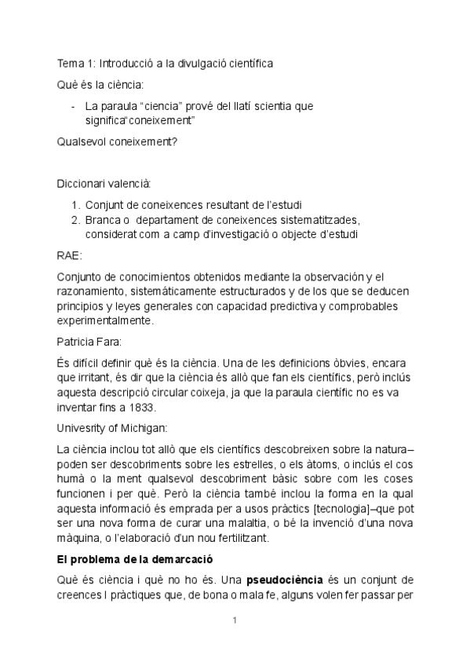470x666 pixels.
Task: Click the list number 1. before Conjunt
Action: point(76,203)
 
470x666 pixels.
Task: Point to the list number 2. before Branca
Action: point(76,218)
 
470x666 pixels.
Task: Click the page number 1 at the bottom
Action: point(235,621)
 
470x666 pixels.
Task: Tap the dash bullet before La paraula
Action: point(73,106)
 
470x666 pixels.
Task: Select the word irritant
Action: point(94,378)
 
